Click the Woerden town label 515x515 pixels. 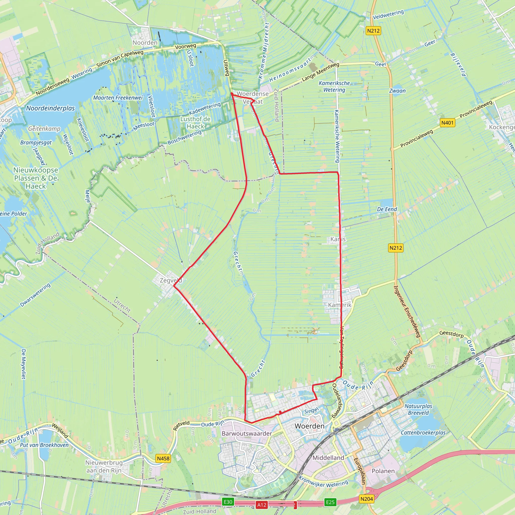pyautogui.click(x=310, y=426)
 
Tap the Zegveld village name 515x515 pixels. pyautogui.click(x=170, y=280)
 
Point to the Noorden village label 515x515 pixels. pyautogui.click(x=145, y=43)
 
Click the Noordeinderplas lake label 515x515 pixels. pyautogui.click(x=50, y=108)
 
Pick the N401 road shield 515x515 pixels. pyautogui.click(x=447, y=123)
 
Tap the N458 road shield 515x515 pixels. pyautogui.click(x=163, y=458)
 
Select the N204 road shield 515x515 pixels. pyautogui.click(x=367, y=499)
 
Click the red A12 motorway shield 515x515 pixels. pyautogui.click(x=262, y=505)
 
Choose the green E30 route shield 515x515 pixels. pyautogui.click(x=228, y=502)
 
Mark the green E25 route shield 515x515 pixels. pyautogui.click(x=330, y=502)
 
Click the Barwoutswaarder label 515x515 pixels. pyautogui.click(x=247, y=434)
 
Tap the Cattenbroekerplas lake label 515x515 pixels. pyautogui.click(x=423, y=433)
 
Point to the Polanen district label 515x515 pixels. pyautogui.click(x=383, y=471)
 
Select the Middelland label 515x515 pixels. pyautogui.click(x=328, y=458)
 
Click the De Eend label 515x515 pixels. pyautogui.click(x=387, y=209)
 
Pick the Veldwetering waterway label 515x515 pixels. pyautogui.click(x=388, y=15)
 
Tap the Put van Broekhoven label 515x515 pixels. pyautogui.click(x=44, y=445)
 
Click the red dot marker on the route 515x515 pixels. pyautogui.click(x=280, y=412)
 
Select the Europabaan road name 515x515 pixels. pyautogui.click(x=360, y=471)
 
